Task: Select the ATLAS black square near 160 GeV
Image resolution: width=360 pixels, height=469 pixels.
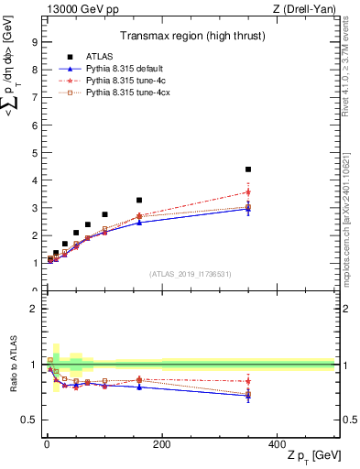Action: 139,200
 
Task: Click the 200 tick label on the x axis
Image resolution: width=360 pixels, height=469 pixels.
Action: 162,443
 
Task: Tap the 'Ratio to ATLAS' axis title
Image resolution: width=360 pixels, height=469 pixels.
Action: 13,364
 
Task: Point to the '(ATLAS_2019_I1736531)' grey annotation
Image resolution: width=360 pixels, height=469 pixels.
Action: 189,273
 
